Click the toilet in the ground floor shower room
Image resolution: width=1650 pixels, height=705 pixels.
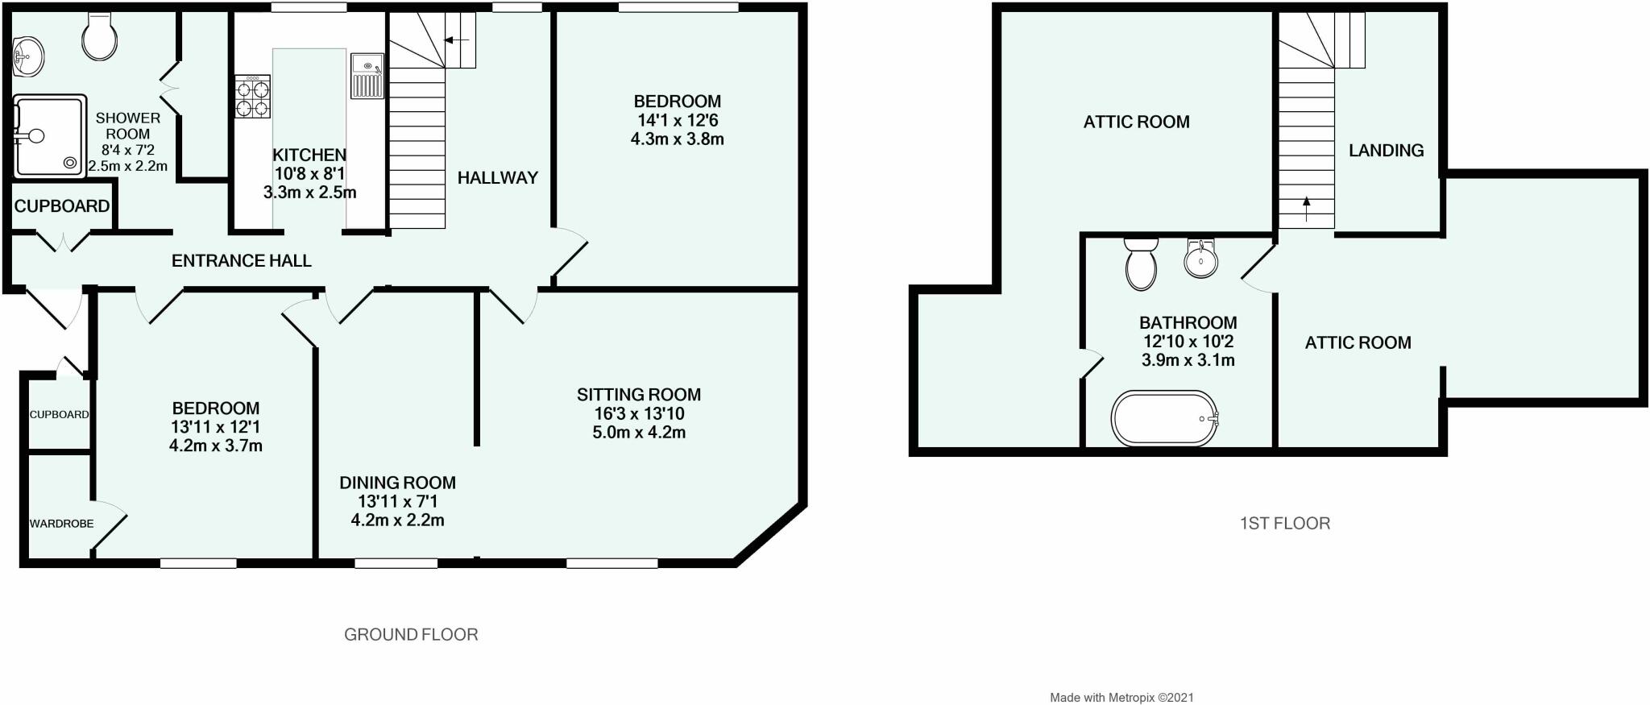click(100, 36)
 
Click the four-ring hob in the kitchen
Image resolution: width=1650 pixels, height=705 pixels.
click(252, 97)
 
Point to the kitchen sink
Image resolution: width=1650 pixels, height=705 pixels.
click(367, 77)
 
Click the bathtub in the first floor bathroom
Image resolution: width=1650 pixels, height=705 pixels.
click(1165, 419)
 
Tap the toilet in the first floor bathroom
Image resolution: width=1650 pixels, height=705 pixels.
click(1141, 263)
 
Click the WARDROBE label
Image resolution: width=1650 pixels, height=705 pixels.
click(61, 524)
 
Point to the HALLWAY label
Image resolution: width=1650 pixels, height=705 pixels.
click(497, 178)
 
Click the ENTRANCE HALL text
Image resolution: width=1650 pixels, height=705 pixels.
click(242, 260)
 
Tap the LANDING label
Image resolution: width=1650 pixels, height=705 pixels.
click(1386, 151)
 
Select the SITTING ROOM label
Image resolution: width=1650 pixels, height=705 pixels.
click(638, 395)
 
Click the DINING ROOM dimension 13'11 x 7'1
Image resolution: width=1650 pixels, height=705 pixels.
click(397, 502)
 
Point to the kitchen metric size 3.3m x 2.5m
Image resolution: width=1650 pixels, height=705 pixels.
click(309, 193)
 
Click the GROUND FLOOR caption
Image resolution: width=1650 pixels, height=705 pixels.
click(411, 635)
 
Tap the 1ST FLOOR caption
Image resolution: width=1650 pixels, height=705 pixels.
click(1284, 524)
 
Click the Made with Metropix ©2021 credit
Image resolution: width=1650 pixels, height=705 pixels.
click(1121, 698)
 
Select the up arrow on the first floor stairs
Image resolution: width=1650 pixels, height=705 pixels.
click(1306, 209)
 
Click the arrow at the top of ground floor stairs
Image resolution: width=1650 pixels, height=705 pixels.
click(458, 39)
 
